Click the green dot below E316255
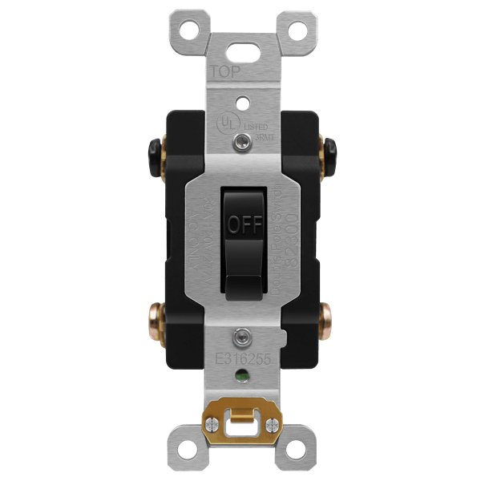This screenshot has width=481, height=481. [240, 374]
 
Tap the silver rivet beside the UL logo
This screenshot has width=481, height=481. [241, 142]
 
